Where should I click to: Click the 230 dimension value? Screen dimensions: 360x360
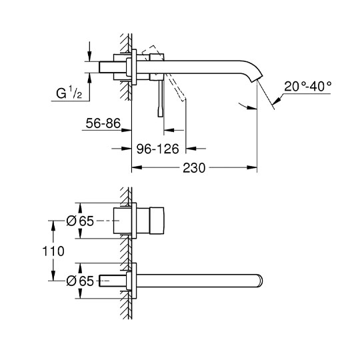coord(194,168)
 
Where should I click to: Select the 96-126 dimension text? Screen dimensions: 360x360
coord(157,149)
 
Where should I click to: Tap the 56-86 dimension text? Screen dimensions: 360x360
coord(103,123)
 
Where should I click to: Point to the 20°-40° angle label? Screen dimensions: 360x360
coord(307,87)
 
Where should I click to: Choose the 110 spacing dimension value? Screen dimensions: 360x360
coord(53,251)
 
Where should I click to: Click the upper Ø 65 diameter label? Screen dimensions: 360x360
coord(80,221)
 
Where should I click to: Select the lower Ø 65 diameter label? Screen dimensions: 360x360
coord(80,281)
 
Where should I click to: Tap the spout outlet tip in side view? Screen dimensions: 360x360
coord(257,79)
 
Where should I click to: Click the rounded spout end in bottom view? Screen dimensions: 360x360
coord(260,281)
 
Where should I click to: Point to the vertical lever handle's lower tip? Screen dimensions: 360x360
coord(161,116)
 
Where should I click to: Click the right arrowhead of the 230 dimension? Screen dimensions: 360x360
coord(252,167)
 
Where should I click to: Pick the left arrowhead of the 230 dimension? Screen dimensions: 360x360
coord(137,167)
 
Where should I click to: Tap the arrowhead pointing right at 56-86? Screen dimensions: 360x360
coord(126,130)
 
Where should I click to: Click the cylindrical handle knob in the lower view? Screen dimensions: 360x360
coord(157,221)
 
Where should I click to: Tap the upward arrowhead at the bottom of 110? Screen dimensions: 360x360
coord(53,275)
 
